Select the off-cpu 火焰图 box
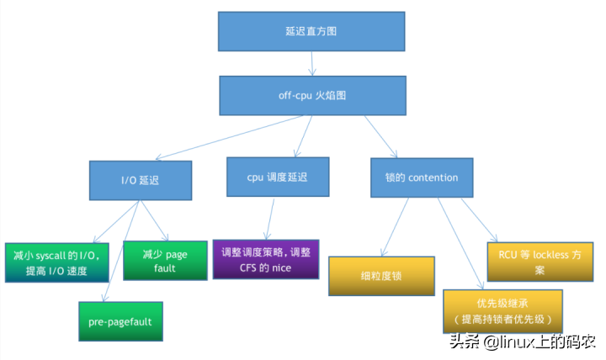312,95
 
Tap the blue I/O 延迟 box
140,178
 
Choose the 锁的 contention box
421,177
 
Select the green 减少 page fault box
165,260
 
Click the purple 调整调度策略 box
266,259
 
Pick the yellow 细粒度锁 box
381,276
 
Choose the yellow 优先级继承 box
502,310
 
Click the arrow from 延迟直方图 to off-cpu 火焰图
312,63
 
